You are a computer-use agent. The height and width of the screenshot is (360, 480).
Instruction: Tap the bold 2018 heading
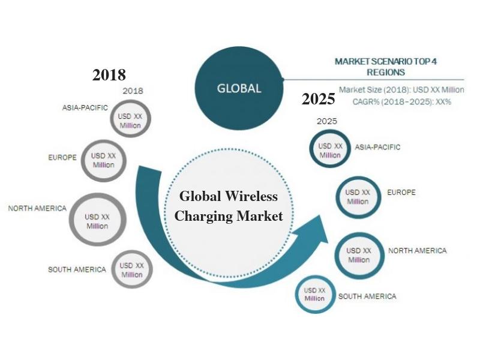click(x=109, y=75)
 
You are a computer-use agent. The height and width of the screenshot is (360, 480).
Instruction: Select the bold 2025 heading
click(x=319, y=99)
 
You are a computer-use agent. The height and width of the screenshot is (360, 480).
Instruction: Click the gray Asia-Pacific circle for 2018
click(x=111, y=119)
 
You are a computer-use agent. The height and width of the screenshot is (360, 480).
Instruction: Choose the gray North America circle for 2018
click(x=71, y=220)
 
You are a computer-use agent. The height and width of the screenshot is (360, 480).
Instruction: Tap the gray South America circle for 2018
click(x=113, y=269)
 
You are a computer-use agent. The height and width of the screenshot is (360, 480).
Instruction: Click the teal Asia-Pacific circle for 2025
click(x=310, y=149)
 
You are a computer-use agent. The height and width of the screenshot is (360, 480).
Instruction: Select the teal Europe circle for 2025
click(x=337, y=197)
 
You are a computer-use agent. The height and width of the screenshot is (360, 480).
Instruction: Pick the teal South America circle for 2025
click(x=296, y=295)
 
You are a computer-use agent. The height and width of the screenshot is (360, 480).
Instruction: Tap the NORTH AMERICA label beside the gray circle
click(x=37, y=208)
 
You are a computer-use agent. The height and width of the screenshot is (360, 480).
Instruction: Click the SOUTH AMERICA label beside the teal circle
click(x=367, y=296)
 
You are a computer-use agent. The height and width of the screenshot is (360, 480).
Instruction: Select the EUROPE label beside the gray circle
click(x=62, y=157)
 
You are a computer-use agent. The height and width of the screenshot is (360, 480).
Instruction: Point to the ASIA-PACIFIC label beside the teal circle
click(x=377, y=147)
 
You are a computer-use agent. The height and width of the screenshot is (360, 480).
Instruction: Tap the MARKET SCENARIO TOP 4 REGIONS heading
click(x=386, y=67)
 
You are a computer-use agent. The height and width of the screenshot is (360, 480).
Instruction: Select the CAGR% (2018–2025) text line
click(x=402, y=101)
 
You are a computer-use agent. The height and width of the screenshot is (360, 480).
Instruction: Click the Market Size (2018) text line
click(x=401, y=90)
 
